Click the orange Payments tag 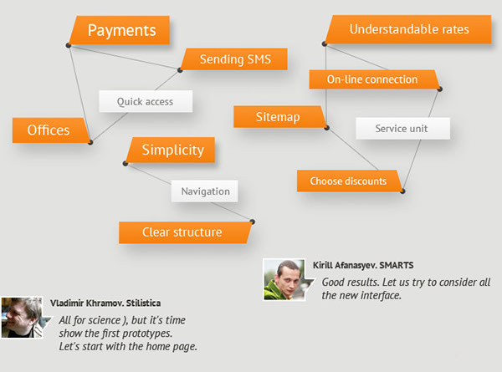120,30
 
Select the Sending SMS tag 234,59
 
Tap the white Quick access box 146,101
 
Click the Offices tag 50,130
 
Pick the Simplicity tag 171,150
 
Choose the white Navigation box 205,191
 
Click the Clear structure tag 185,232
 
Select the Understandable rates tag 408,29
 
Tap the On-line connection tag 374,79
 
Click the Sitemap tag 279,117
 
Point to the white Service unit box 402,129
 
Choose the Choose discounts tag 350,181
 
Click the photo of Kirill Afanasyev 284,280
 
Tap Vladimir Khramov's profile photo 22,318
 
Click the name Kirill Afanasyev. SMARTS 363,265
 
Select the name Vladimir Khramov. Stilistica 105,303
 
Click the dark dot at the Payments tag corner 69,45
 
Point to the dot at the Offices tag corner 90,142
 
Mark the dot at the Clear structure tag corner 253,222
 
